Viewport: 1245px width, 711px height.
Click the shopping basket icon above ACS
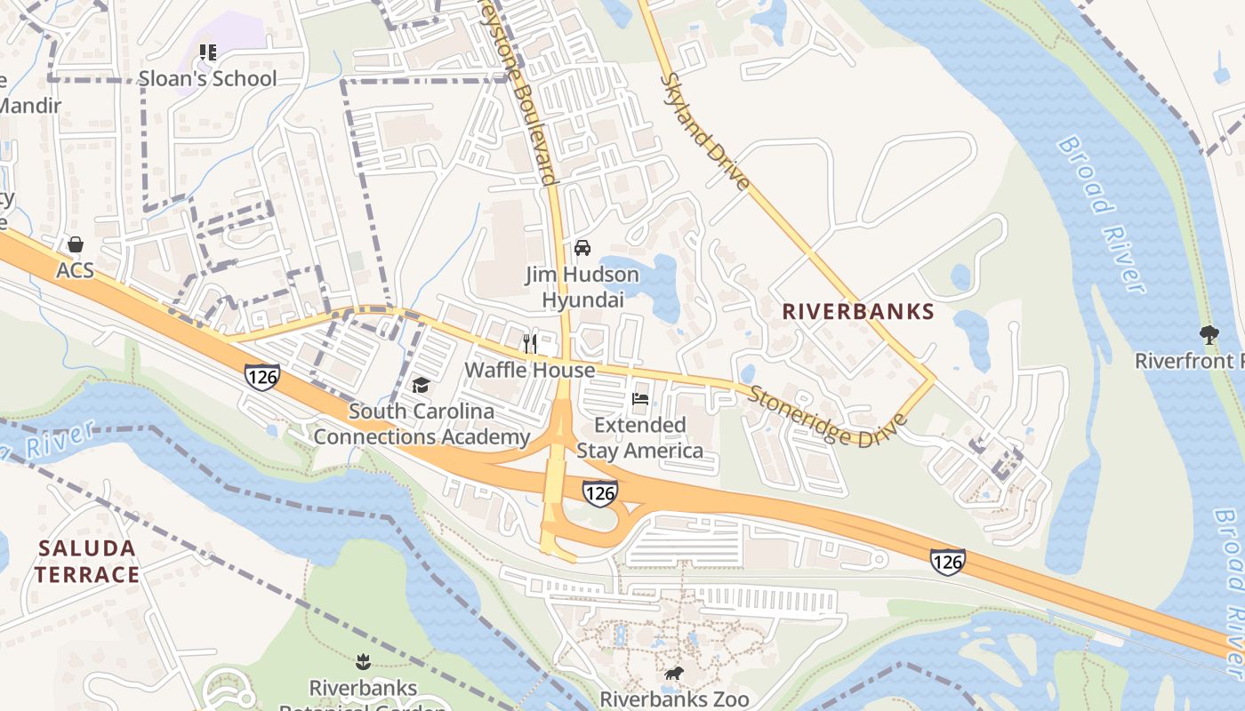pos(76,244)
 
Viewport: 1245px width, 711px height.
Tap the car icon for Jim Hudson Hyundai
pos(582,247)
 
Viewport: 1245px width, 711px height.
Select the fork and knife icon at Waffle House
pos(530,343)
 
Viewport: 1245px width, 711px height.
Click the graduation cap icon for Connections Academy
pos(421,385)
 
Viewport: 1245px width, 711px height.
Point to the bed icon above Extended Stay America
pos(639,399)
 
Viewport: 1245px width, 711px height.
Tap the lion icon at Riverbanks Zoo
pos(674,673)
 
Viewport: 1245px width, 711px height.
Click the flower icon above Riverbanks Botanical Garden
pos(363,661)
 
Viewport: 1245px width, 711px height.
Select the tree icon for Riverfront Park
pos(1209,335)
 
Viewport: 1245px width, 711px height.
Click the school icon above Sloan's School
pos(208,52)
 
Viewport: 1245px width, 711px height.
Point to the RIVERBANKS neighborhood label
pos(858,312)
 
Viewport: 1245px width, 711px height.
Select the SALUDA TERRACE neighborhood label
pos(86,561)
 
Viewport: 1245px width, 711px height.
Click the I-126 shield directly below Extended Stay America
pos(600,492)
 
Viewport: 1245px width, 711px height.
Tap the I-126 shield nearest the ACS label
pos(262,377)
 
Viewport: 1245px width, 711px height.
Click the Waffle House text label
pos(530,370)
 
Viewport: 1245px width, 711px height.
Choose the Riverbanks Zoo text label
pos(674,699)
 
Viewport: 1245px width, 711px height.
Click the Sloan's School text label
pos(208,79)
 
